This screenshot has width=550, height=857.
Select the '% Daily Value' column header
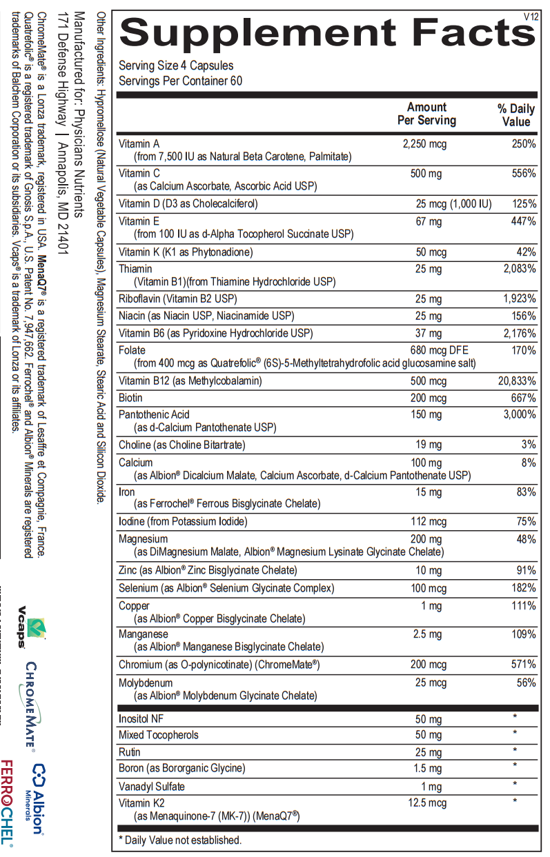pyautogui.click(x=516, y=115)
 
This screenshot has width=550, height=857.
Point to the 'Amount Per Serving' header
pyautogui.click(x=426, y=114)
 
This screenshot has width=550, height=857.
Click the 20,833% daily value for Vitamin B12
pyautogui.click(x=517, y=381)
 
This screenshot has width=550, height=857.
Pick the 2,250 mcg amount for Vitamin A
pyautogui.click(x=425, y=144)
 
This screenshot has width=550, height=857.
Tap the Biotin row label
pyautogui.click(x=130, y=399)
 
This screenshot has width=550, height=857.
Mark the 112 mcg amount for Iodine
pyautogui.click(x=428, y=522)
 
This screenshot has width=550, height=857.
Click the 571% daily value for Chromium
pyautogui.click(x=523, y=665)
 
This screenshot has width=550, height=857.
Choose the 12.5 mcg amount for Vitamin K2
pyautogui.click(x=427, y=803)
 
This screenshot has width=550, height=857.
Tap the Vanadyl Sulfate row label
pyautogui.click(x=151, y=787)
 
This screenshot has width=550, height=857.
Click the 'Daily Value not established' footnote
pyautogui.click(x=180, y=840)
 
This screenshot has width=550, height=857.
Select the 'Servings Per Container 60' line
pyautogui.click(x=180, y=81)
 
